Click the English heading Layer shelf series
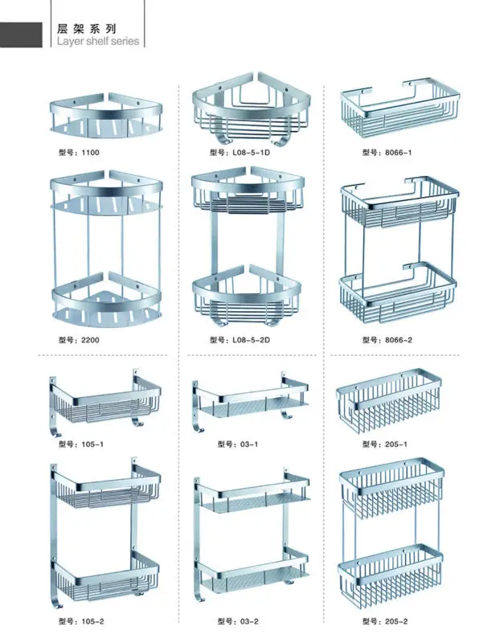tap(98, 41)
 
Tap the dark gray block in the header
tap(22, 35)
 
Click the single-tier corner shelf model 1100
tap(105, 116)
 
